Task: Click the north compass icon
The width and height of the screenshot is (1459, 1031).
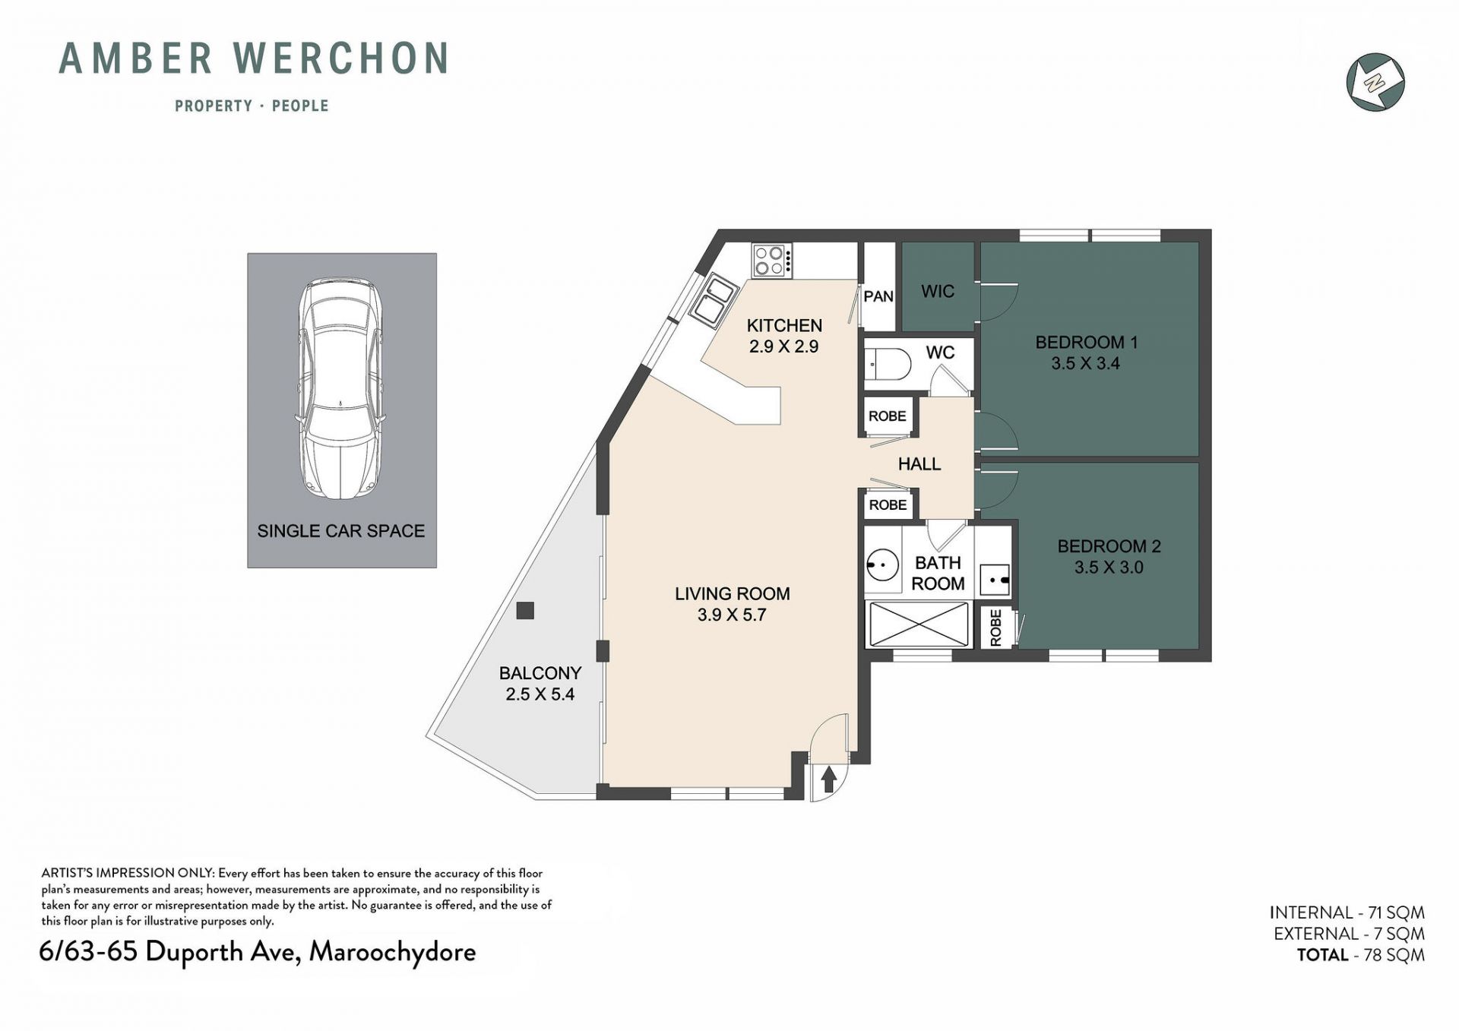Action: click(1375, 82)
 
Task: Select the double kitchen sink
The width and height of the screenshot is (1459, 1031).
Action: click(713, 300)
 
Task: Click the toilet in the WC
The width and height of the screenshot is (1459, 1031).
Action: click(888, 365)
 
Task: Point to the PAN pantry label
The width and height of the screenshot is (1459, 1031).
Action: click(878, 296)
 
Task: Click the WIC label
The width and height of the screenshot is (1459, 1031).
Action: click(938, 291)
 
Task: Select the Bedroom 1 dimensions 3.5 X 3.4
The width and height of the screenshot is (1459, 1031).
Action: click(1085, 363)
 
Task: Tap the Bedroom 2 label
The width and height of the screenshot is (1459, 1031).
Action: click(1109, 546)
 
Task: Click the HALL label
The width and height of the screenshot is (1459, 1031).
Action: click(919, 463)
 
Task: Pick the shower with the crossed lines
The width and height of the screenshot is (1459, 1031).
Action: click(919, 625)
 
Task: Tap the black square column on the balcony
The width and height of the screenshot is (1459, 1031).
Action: click(524, 611)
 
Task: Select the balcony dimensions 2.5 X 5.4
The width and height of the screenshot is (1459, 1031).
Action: click(540, 694)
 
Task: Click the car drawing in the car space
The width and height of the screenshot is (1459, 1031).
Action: click(341, 390)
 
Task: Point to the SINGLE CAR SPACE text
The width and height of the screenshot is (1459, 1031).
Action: click(341, 531)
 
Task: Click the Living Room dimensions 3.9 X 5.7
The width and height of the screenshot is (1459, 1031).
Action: click(732, 615)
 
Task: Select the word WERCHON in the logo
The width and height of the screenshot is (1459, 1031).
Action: click(342, 59)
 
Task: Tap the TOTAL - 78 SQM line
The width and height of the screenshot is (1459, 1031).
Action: click(1361, 955)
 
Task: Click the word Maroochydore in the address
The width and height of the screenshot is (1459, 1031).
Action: click(392, 952)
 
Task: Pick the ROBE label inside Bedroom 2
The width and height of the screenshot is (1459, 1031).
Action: click(995, 628)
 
